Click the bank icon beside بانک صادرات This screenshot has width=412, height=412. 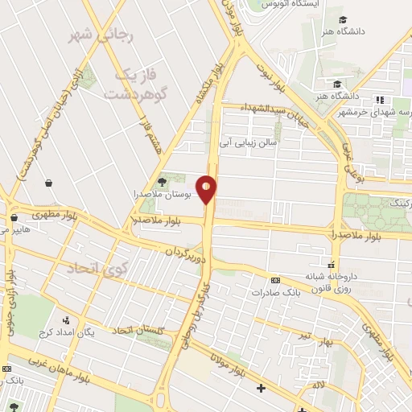click(x=275, y=281)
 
